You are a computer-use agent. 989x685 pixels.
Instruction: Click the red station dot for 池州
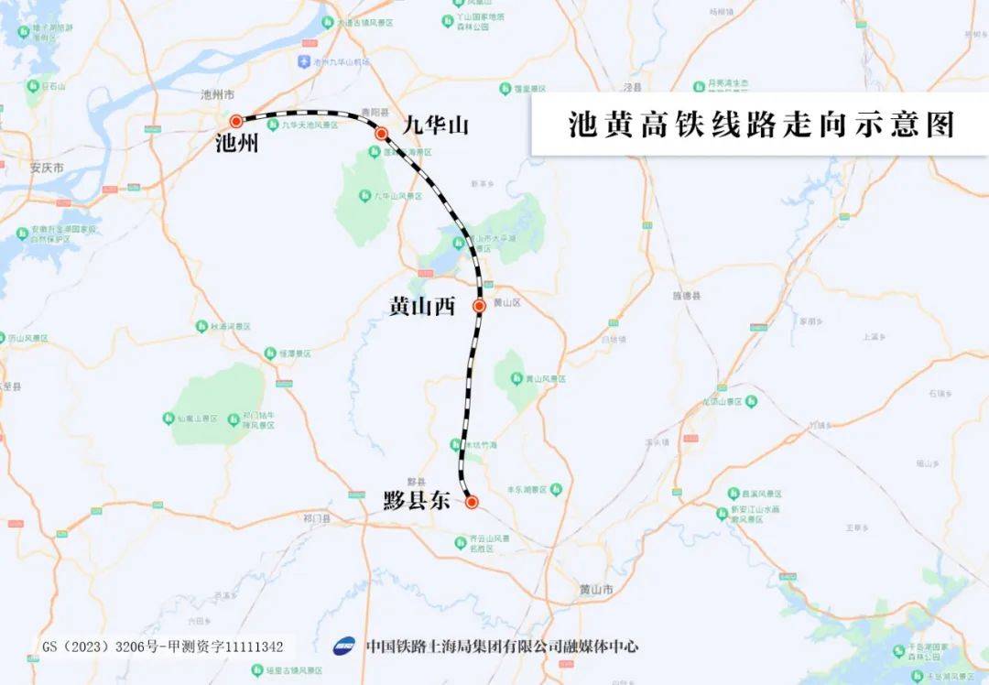236,120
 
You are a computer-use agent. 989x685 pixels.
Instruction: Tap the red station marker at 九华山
382,134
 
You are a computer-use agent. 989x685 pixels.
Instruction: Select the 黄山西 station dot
479,305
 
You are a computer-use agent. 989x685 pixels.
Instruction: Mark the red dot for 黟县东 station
472,502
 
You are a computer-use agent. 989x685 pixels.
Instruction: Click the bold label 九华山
436,125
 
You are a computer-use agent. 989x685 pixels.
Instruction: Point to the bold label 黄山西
422,307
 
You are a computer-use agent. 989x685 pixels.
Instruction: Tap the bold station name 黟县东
417,502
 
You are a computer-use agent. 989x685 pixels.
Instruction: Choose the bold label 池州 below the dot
236,144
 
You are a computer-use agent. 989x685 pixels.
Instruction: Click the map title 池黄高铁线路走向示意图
761,125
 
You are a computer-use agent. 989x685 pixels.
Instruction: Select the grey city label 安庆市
47,169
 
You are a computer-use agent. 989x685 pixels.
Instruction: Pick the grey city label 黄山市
596,589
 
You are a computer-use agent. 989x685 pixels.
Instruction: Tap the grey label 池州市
218,95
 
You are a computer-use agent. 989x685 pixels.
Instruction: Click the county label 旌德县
686,296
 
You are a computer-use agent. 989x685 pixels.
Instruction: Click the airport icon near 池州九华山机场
304,62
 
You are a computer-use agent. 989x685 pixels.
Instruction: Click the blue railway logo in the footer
345,647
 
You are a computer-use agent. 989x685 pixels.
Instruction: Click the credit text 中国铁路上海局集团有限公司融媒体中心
502,647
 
